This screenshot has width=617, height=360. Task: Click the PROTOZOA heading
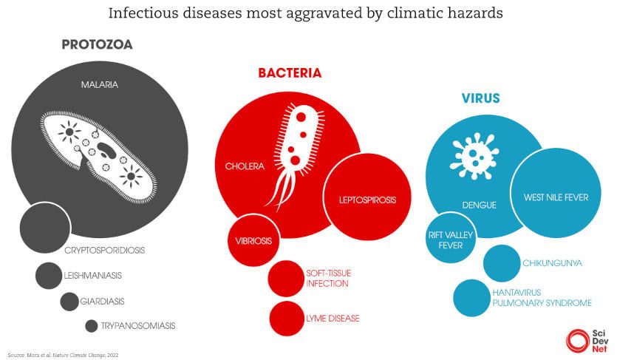(x=97, y=44)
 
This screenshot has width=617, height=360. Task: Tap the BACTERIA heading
(x=290, y=73)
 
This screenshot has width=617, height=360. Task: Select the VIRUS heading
(x=480, y=98)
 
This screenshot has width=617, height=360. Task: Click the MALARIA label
(x=100, y=84)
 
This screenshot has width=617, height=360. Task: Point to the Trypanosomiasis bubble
(x=92, y=325)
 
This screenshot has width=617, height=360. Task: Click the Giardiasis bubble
(x=69, y=302)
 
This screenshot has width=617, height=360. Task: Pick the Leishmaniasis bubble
(x=49, y=276)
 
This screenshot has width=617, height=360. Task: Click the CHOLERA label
(x=245, y=166)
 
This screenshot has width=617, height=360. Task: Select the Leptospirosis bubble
(x=367, y=200)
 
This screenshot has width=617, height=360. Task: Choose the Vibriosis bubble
(x=253, y=241)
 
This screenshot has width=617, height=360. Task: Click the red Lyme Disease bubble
(x=287, y=319)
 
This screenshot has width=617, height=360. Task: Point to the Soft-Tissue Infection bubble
(x=287, y=279)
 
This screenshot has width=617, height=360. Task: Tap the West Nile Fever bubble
(x=556, y=197)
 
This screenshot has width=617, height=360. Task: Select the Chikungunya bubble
(x=502, y=263)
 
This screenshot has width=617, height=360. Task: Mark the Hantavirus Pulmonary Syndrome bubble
(x=472, y=298)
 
